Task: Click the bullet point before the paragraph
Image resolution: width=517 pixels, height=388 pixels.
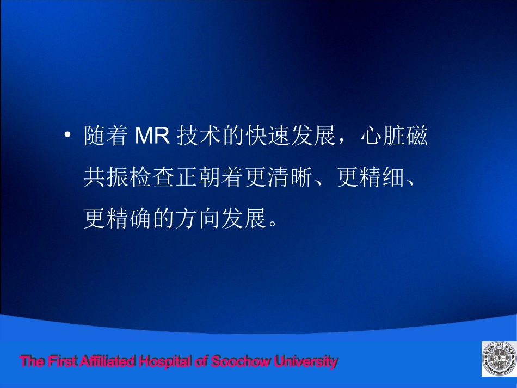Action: [x=67, y=136]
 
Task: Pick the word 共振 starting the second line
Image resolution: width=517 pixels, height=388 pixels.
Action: [x=106, y=177]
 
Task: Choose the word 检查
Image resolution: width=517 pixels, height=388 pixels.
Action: [x=153, y=177]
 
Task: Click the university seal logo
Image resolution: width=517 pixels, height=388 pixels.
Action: [x=498, y=359]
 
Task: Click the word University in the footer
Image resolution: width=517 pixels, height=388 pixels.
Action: [x=305, y=361]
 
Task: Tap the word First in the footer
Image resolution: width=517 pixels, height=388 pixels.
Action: [x=60, y=361]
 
